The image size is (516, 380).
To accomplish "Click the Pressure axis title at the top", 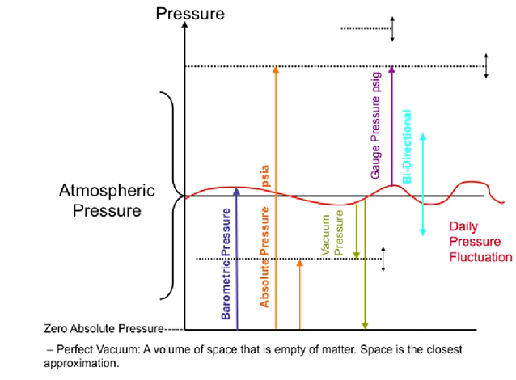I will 190,13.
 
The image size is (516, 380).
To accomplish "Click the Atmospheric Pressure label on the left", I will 100,201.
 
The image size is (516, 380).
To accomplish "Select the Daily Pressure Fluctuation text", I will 481,243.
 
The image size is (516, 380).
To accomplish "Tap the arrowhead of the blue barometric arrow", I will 236,191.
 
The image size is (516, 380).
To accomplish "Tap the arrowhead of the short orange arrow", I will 300,264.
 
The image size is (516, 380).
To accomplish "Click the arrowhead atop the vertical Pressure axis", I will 186,25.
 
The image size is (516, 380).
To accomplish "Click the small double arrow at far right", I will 486,65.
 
